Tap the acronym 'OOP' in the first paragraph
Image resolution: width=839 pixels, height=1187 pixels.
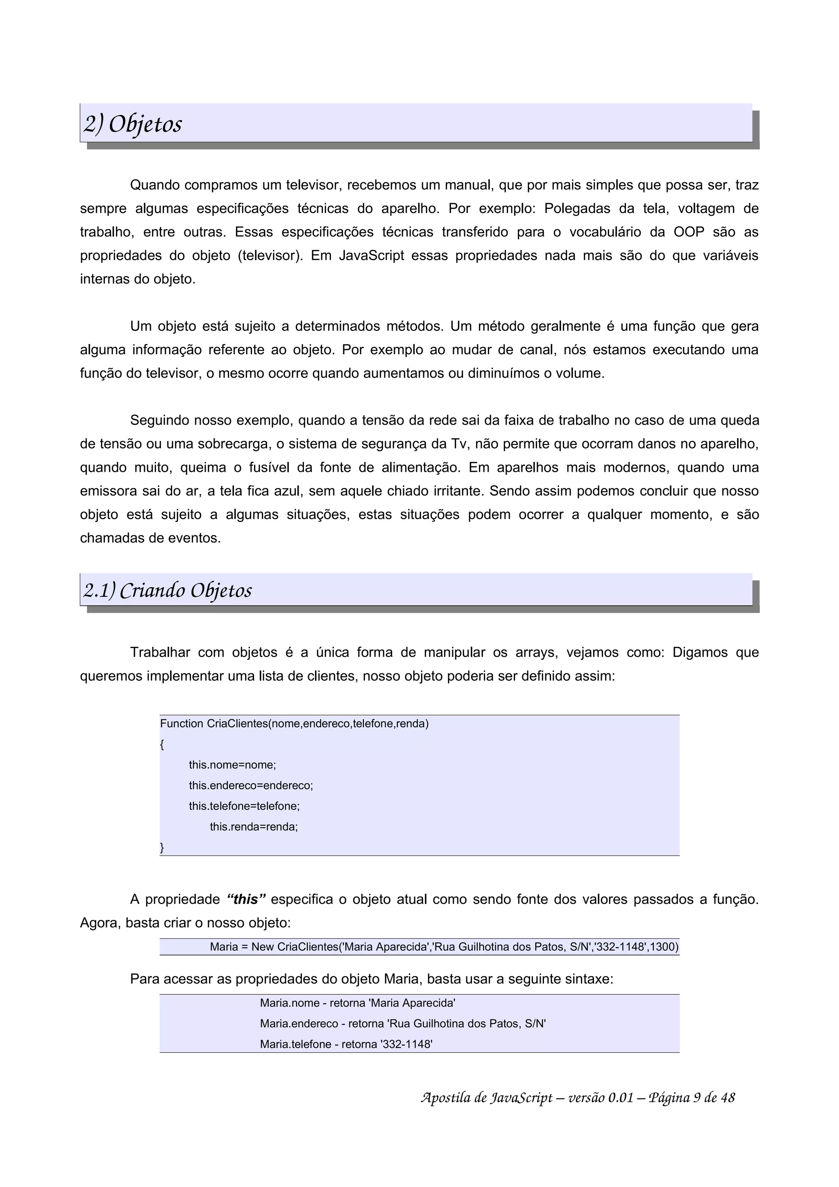click(689, 232)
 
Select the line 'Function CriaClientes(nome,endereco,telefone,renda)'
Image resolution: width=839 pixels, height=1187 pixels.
click(294, 724)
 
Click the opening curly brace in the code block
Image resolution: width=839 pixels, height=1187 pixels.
click(162, 745)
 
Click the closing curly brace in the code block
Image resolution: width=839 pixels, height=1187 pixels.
click(162, 847)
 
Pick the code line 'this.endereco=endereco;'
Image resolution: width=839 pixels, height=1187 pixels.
click(251, 785)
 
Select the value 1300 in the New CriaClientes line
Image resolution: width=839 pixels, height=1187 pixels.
click(663, 947)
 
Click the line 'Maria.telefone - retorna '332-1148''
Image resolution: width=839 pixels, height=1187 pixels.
click(346, 1044)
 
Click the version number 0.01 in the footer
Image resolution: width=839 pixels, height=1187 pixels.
click(620, 1098)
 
